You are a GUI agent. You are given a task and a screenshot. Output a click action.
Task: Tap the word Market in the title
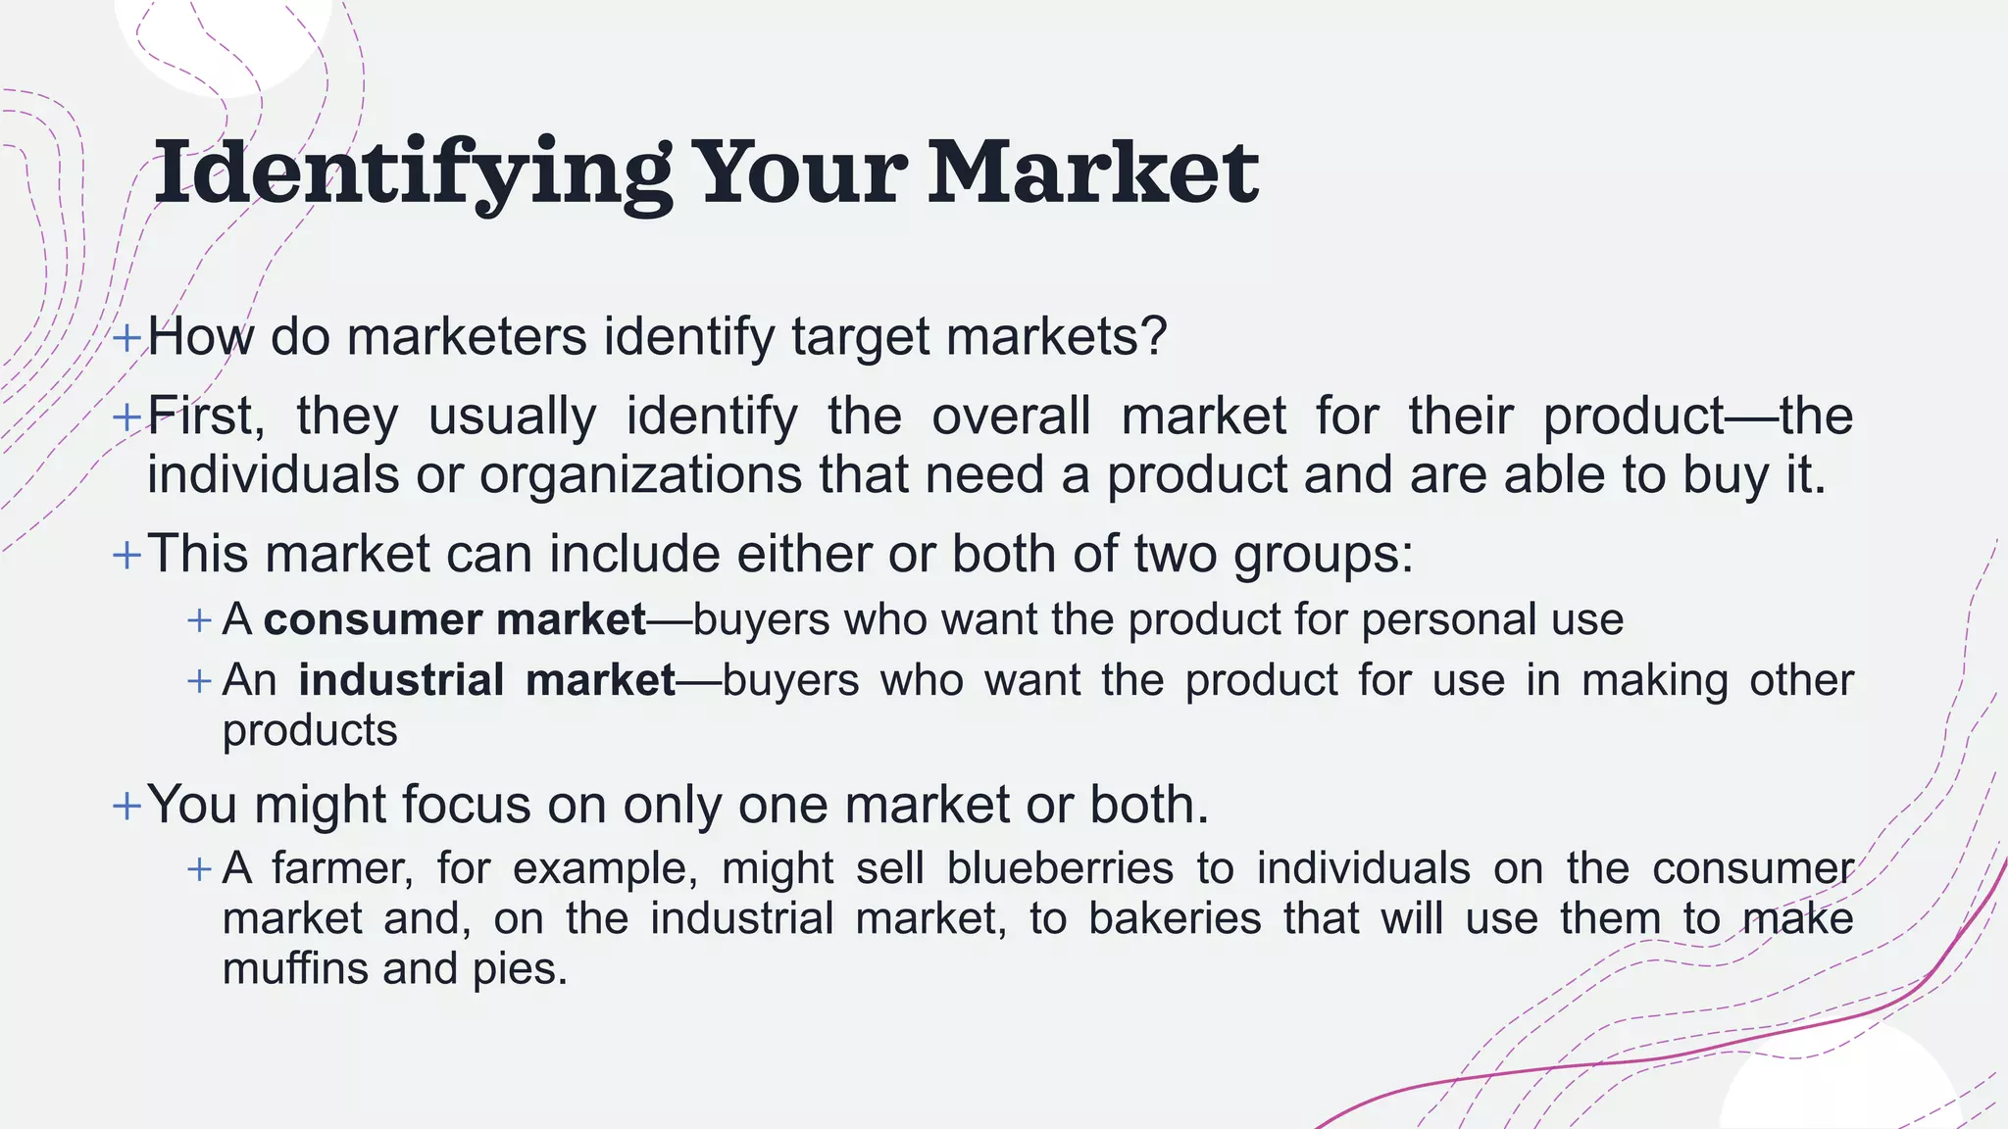[1093, 173]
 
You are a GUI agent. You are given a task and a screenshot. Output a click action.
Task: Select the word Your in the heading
[800, 173]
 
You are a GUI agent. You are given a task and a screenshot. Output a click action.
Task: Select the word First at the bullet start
[205, 416]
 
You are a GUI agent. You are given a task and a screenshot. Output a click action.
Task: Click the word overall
[1011, 416]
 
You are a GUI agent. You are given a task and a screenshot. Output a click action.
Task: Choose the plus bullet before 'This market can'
[127, 556]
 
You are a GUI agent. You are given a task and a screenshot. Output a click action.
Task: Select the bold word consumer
[373, 619]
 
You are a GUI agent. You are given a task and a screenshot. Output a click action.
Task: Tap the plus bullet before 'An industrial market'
[200, 681]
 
